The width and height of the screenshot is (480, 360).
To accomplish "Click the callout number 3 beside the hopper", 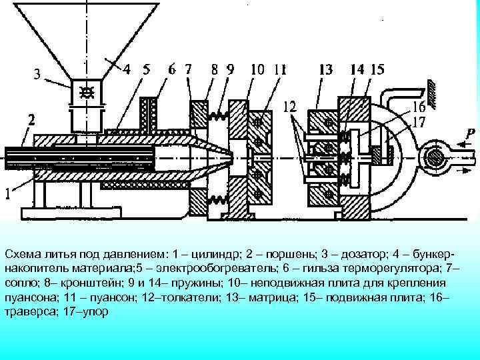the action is pyautogui.click(x=38, y=75).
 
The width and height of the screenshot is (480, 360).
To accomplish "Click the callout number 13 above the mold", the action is pyautogui.click(x=326, y=68).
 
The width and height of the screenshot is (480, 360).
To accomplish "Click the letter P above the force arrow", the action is pyautogui.click(x=471, y=133).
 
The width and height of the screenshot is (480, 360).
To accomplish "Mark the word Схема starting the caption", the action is pyautogui.click(x=22, y=255).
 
